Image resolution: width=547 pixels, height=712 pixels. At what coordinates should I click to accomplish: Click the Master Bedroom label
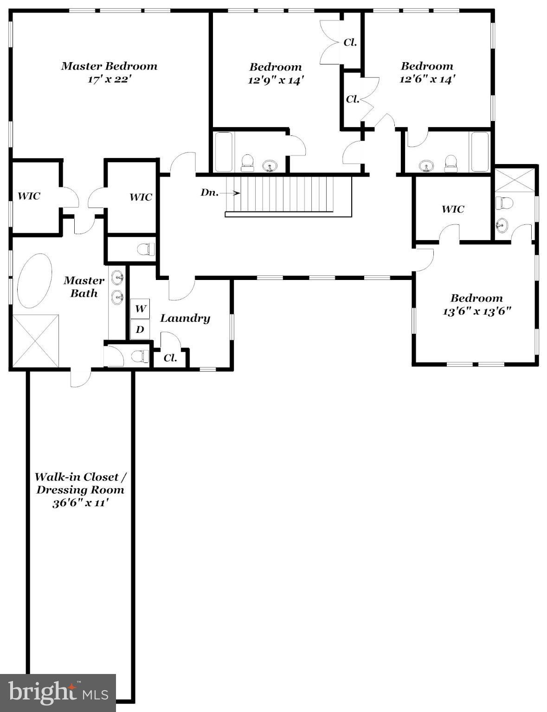click(109, 66)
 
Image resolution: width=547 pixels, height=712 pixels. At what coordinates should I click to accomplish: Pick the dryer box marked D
click(140, 329)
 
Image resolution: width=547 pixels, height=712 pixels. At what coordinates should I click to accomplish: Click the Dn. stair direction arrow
click(233, 193)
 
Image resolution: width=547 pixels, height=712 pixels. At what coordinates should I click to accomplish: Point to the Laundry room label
click(185, 318)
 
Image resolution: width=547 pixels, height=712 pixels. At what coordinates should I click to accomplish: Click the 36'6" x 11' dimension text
click(80, 503)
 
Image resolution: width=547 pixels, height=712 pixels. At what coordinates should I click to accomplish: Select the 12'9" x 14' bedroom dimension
click(276, 80)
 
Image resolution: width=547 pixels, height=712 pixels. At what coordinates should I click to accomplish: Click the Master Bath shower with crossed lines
click(35, 341)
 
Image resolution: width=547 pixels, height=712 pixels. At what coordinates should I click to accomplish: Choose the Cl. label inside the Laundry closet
click(170, 358)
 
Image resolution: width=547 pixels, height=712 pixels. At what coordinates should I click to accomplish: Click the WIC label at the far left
click(29, 196)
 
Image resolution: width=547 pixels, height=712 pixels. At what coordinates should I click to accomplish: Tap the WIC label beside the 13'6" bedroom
click(452, 210)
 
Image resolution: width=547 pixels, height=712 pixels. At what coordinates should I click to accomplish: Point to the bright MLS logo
click(58, 693)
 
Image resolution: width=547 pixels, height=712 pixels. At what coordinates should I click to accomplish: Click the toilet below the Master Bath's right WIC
click(146, 249)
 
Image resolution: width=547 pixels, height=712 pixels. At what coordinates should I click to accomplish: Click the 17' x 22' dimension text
click(109, 79)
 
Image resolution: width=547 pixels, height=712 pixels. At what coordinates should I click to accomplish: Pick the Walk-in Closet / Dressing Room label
click(80, 483)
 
